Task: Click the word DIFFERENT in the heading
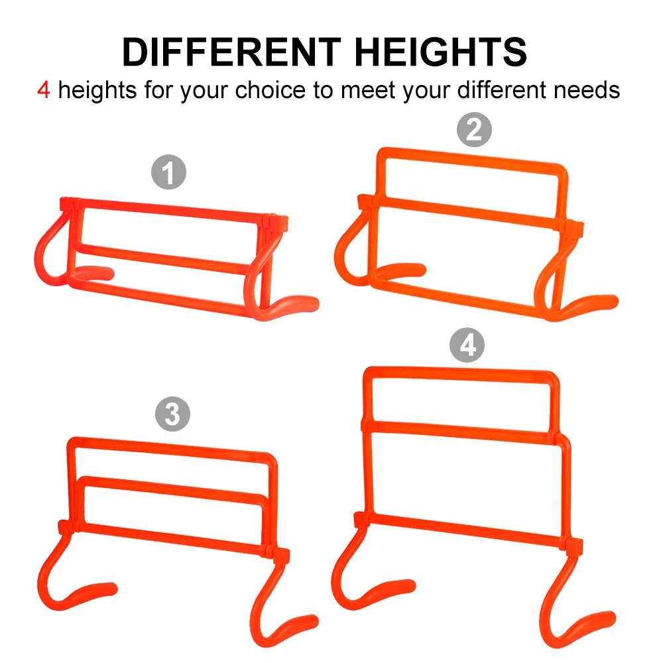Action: pos(231,52)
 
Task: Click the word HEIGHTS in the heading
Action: pos(441,52)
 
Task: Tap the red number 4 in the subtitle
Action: pos(44,90)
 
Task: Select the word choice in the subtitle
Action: pos(271,90)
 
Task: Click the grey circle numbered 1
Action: pos(168,172)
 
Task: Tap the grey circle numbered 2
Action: pos(474,129)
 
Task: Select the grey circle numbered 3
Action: pos(172,414)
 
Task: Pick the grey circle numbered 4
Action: pos(467,345)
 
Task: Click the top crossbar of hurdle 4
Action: pos(461,374)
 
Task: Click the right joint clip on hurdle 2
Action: pos(573,229)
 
